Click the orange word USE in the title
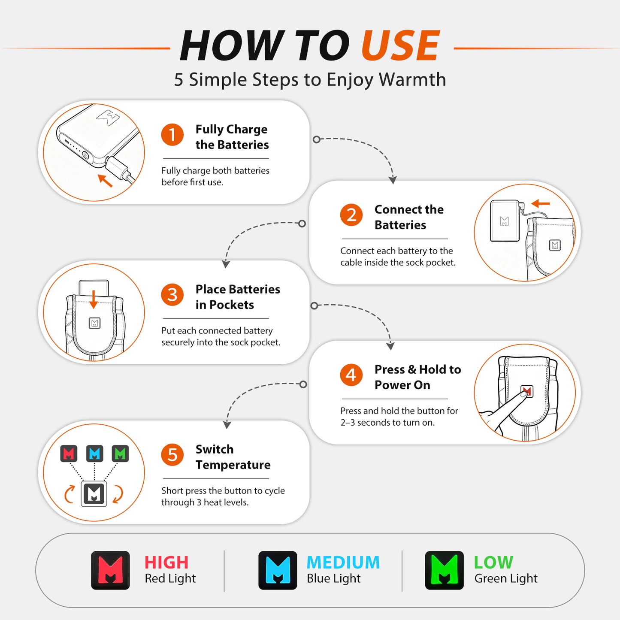[400, 45]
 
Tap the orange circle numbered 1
[172, 134]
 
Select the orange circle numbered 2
[351, 215]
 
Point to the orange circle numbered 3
[172, 295]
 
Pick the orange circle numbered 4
[351, 375]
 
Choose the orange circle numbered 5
[172, 455]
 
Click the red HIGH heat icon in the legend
[110, 571]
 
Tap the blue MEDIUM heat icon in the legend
[278, 571]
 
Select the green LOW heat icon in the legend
[445, 571]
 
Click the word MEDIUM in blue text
[343, 563]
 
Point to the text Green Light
[506, 579]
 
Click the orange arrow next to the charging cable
[105, 181]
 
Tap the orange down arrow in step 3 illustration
[93, 299]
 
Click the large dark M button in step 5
[94, 493]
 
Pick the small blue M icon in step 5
[94, 454]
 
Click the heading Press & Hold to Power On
[417, 377]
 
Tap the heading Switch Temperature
[233, 457]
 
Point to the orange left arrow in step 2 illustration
[541, 203]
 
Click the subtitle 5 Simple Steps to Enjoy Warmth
[310, 79]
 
